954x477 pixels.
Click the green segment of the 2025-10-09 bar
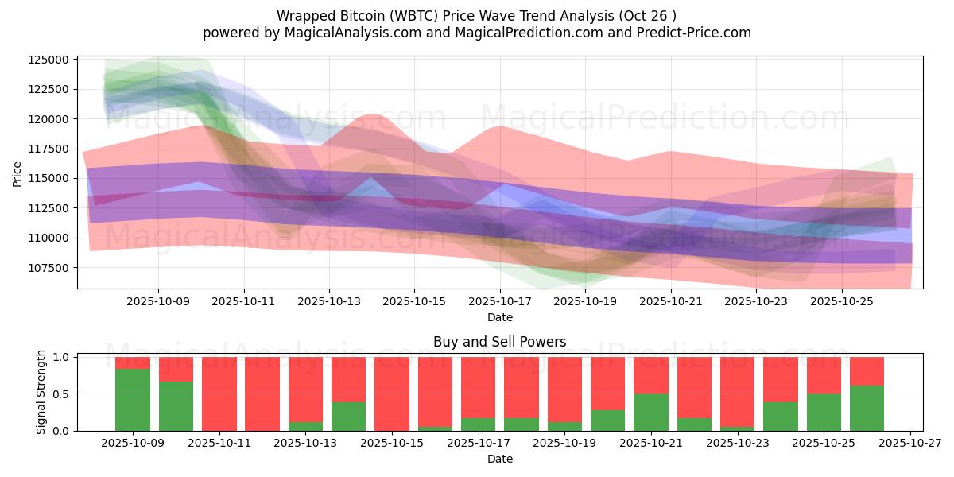click(132, 399)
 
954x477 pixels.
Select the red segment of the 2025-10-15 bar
click(392, 393)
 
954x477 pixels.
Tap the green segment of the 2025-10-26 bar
click(867, 408)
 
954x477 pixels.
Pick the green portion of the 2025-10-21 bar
click(651, 412)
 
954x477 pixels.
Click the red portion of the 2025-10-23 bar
click(737, 391)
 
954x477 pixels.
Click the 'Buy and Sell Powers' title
click(499, 342)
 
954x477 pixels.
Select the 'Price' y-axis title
click(17, 173)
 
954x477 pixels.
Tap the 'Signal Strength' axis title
click(41, 392)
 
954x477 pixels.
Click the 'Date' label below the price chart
click(499, 317)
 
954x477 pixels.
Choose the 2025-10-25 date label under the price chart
click(842, 301)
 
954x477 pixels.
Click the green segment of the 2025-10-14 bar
click(348, 416)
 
